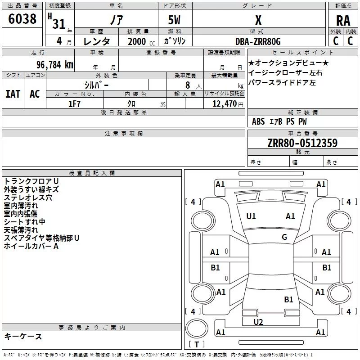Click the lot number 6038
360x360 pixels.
pyautogui.click(x=22, y=19)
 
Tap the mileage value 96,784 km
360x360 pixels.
pyautogui.click(x=55, y=65)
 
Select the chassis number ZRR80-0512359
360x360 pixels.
pyautogui.click(x=302, y=143)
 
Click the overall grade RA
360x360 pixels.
pyautogui.click(x=343, y=21)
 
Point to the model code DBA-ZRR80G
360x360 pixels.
pyautogui.click(x=258, y=41)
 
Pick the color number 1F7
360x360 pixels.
pyautogui.click(x=74, y=104)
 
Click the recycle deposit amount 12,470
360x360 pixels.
pyautogui.click(x=224, y=104)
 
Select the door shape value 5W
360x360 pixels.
pyautogui.click(x=174, y=20)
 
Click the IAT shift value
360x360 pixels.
pyautogui.click(x=13, y=94)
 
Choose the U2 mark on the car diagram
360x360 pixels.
pyautogui.click(x=258, y=322)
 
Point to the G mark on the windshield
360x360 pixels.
pyautogui.click(x=284, y=237)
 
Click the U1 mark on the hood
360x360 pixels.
pyautogui.click(x=251, y=216)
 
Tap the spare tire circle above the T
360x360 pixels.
pyautogui.click(x=197, y=328)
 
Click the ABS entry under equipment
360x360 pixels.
pyautogui.click(x=258, y=121)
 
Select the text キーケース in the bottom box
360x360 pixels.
pyautogui.click(x=23, y=336)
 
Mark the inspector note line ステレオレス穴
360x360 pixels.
pyautogui.click(x=28, y=198)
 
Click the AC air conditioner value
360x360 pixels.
pyautogui.click(x=35, y=94)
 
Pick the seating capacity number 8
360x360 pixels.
pyautogui.click(x=188, y=85)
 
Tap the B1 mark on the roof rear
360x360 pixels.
pyautogui.click(x=288, y=299)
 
